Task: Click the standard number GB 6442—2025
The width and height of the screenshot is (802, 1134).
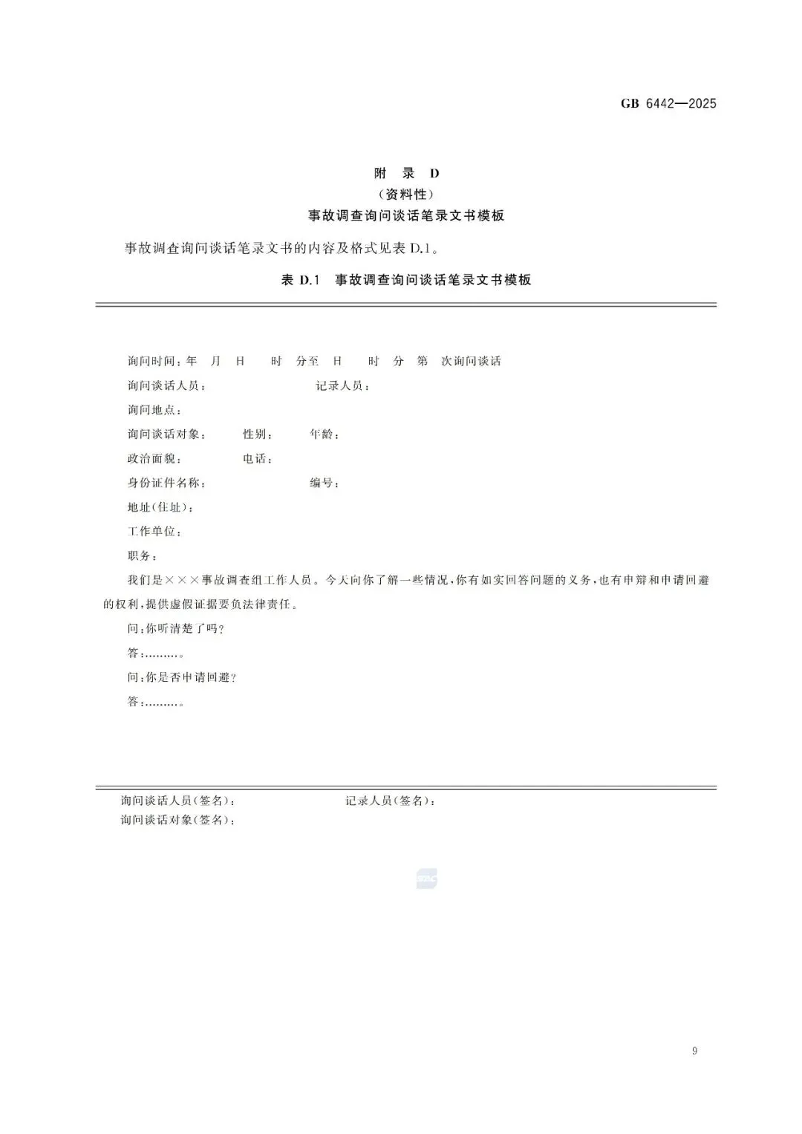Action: [668, 104]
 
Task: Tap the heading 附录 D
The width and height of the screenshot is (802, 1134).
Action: [406, 174]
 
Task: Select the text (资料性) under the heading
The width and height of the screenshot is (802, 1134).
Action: [406, 195]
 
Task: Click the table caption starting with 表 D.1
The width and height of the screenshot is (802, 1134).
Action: [406, 281]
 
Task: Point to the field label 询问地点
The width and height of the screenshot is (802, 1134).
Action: [154, 410]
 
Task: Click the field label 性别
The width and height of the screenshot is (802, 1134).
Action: [258, 434]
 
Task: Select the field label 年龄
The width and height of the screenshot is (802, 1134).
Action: [325, 434]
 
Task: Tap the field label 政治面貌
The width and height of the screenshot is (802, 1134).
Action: [154, 459]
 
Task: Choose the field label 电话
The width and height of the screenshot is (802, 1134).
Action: [258, 459]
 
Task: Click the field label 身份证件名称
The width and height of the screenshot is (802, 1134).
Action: [166, 483]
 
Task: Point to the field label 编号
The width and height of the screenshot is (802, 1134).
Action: [325, 483]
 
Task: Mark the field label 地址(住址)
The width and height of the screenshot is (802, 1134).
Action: [161, 508]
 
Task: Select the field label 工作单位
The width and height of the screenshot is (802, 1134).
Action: [154, 532]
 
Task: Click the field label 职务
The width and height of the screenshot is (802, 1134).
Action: [142, 556]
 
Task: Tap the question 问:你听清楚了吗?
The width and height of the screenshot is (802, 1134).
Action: [176, 629]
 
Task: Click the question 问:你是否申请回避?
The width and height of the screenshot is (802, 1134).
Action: [182, 678]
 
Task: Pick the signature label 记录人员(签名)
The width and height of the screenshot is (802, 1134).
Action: [391, 801]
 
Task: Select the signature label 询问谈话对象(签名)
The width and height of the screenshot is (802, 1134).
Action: [178, 821]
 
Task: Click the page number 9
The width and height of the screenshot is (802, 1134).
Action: [694, 1051]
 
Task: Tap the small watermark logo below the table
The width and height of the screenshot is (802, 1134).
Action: [427, 879]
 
